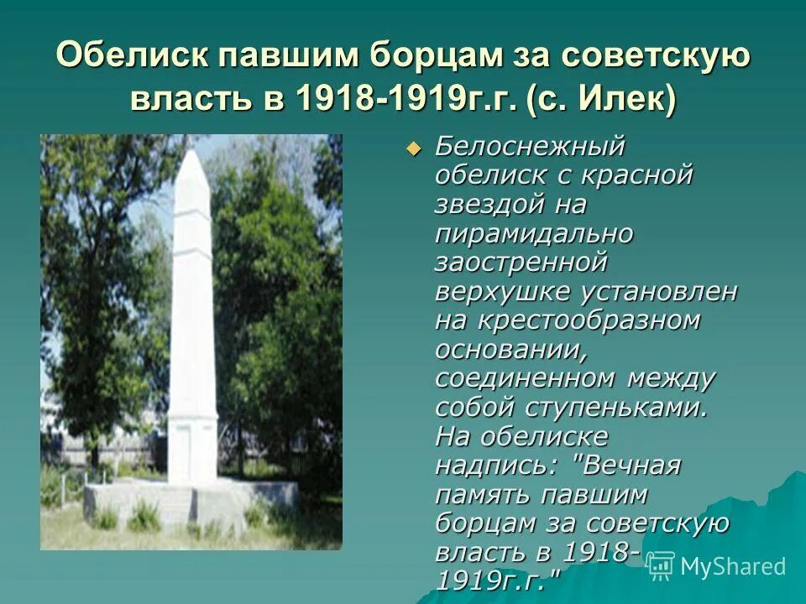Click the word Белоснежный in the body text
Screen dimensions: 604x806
click(531, 146)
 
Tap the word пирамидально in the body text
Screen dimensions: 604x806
click(534, 233)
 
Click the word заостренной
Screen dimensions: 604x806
click(521, 262)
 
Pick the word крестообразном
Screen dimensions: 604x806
click(589, 320)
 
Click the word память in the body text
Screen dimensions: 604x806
click(486, 494)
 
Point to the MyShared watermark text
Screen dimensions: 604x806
click(733, 566)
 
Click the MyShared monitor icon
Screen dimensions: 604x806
click(661, 565)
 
